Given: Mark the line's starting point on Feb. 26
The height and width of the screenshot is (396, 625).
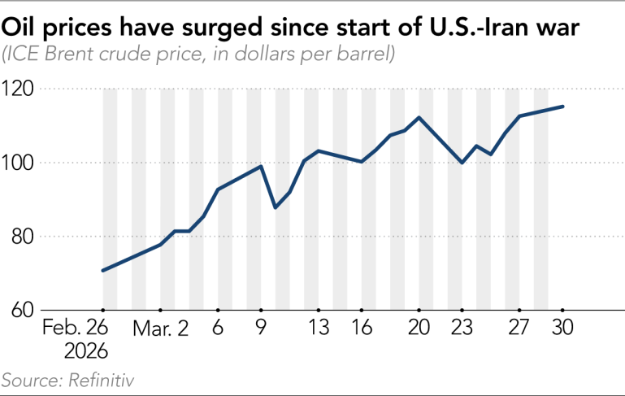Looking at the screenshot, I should tap(103, 270).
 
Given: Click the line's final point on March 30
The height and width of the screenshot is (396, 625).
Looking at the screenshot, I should tap(562, 107).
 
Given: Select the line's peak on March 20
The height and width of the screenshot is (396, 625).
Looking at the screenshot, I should tap(419, 118).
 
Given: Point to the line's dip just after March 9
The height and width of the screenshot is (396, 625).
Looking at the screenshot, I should tap(276, 207).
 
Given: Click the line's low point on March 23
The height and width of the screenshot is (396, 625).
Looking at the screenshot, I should tap(462, 163).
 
